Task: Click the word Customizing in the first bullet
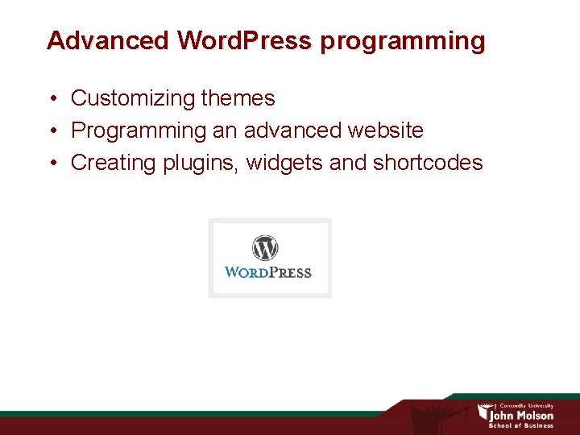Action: pos(133,99)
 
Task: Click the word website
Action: pos(385,130)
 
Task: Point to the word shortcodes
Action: pos(428,163)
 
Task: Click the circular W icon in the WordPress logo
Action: pos(265,247)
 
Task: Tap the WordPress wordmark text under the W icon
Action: pos(268,272)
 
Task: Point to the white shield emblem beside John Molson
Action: pos(483,413)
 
